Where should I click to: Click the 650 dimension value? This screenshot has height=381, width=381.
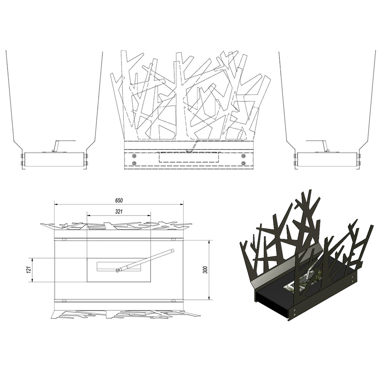119,200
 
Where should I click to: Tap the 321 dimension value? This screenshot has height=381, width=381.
119,212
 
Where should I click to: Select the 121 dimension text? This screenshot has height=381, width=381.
29,270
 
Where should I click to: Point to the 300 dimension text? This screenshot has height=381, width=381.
206,270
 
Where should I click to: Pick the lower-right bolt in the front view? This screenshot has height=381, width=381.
243,163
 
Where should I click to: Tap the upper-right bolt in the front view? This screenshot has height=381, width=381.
243,155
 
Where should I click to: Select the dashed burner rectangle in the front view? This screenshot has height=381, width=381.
189,157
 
